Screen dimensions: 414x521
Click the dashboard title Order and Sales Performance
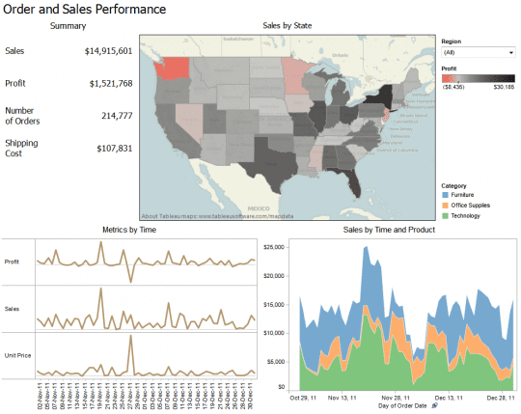point(84,9)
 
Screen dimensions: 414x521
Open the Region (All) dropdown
point(478,52)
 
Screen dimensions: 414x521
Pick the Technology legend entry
point(471,216)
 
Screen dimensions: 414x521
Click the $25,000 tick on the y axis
point(277,247)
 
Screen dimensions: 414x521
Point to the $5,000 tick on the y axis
point(279,360)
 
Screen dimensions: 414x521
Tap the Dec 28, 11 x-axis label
point(502,397)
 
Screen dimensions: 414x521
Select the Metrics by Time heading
point(128,230)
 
